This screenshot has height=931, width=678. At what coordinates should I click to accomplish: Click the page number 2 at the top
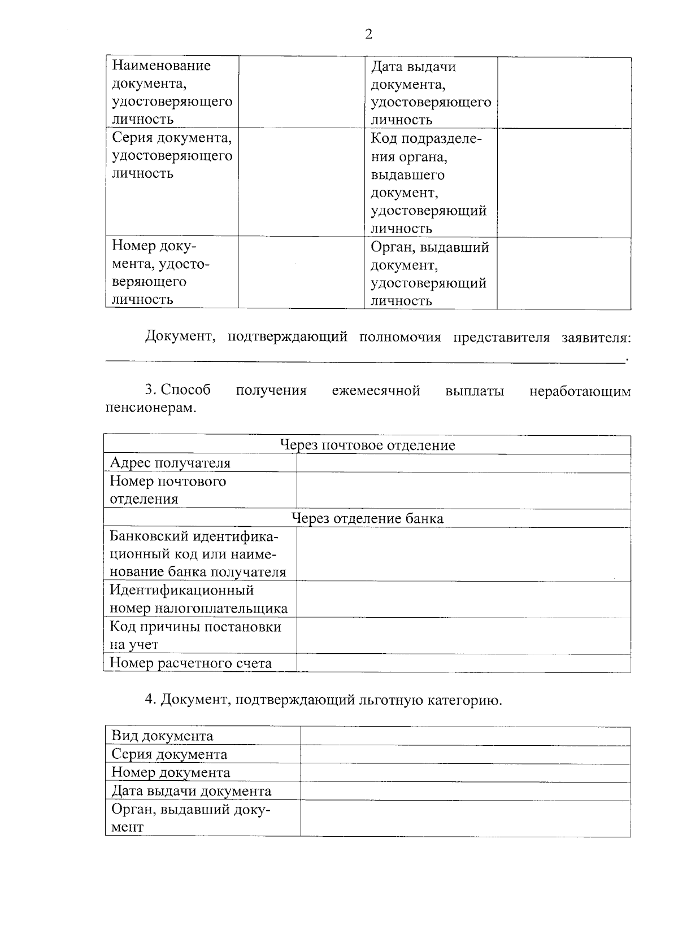(x=369, y=35)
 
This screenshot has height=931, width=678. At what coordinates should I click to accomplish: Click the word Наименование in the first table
(x=161, y=65)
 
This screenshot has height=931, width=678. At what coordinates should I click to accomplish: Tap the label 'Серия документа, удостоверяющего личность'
(x=172, y=155)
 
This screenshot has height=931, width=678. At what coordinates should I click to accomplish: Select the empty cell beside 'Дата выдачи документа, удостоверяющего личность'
(x=563, y=93)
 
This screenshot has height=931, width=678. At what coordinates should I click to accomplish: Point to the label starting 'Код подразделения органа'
(x=428, y=183)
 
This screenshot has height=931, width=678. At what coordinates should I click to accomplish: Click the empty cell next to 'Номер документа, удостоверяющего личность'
(x=301, y=273)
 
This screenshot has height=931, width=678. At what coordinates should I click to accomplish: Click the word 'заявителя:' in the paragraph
(x=596, y=338)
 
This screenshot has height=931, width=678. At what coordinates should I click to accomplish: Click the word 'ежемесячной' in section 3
(x=376, y=391)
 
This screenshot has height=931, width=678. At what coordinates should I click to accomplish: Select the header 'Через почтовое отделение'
(x=368, y=445)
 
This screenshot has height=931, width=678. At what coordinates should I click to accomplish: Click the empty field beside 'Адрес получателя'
(x=463, y=464)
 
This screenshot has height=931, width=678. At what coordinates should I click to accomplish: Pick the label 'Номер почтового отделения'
(x=168, y=490)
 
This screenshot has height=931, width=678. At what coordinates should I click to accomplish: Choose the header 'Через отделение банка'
(x=367, y=518)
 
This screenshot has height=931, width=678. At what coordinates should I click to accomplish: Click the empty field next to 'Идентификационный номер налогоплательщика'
(x=463, y=600)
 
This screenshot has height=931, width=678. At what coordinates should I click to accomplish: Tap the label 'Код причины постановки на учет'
(x=195, y=636)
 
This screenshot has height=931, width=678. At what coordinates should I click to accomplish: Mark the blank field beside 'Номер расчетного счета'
(x=463, y=663)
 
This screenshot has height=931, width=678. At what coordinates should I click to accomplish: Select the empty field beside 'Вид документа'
(x=465, y=736)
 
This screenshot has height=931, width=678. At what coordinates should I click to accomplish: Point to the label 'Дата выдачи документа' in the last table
(x=191, y=791)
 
